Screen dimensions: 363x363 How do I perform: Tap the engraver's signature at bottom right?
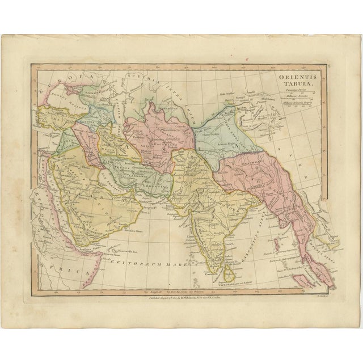[x=331, y=294]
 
